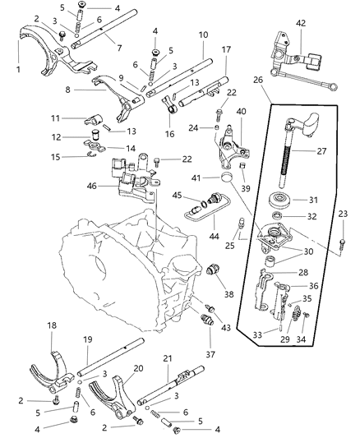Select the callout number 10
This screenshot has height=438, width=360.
point(202,35)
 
